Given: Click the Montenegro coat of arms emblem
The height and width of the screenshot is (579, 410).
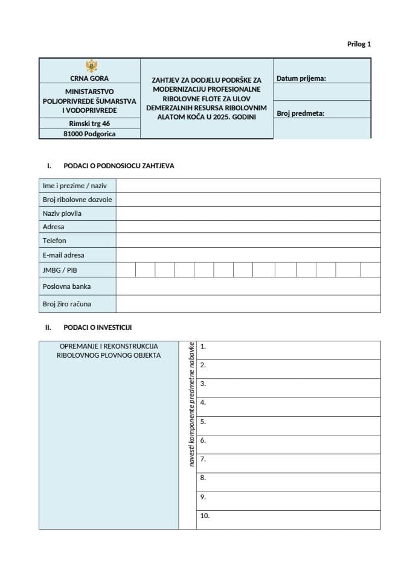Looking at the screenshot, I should tap(89, 66).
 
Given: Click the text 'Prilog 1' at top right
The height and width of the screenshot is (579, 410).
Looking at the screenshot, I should tap(359, 44).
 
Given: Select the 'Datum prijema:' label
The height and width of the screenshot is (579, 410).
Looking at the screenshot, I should tap(301, 78).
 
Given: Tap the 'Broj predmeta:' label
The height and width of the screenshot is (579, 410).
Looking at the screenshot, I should tap(301, 113).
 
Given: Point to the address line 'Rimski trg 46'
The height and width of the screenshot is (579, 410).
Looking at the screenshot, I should tap(89, 123).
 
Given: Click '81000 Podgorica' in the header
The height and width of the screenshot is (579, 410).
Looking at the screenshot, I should tap(89, 134).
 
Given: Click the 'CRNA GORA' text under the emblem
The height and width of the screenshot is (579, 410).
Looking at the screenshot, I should tap(89, 78).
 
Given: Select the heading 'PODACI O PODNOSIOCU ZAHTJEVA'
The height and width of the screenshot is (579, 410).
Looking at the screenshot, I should tap(118, 166).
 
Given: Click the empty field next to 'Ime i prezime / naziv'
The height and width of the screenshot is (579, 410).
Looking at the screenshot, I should tap(248, 186).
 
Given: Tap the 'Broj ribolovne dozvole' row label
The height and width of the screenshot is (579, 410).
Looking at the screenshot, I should tap(77, 200).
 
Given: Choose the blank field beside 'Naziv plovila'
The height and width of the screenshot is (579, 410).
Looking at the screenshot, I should tap(248, 214).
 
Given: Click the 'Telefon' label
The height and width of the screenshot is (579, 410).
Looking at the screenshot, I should tap(54, 241).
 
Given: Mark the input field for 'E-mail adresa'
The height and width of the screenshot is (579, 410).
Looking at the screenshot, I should tap(248, 255).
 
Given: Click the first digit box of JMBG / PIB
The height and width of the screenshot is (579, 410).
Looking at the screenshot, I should tap(126, 270).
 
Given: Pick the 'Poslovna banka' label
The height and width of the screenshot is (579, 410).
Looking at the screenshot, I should tap(66, 286).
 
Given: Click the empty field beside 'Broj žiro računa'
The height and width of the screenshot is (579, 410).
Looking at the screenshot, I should tap(248, 304).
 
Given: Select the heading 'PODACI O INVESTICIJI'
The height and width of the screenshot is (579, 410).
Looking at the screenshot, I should tap(97, 327).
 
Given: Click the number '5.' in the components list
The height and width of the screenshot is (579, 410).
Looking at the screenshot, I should tap(203, 422).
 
